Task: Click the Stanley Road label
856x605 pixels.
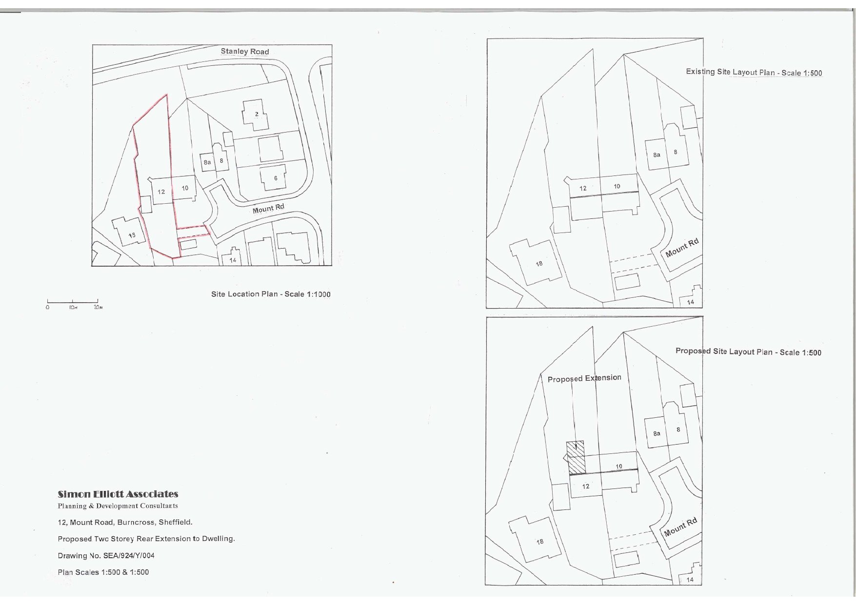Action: coord(244,51)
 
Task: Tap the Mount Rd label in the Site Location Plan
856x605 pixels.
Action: coord(268,209)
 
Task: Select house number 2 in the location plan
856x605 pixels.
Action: coord(257,114)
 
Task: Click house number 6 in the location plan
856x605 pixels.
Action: coord(276,178)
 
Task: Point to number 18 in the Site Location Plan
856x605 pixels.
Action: coord(132,235)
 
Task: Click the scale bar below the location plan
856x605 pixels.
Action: coord(73,302)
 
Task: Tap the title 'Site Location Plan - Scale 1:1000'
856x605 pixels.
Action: coord(271,294)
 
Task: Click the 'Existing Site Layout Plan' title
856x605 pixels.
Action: coord(754,72)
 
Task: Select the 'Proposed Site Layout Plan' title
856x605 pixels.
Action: coord(748,351)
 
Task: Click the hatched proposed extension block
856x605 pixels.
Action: coord(577,457)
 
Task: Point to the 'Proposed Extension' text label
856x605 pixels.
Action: coord(584,378)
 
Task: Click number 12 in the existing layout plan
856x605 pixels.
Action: coord(583,188)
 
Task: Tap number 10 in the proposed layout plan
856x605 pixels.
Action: coord(618,467)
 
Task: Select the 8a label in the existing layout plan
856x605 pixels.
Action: coord(657,155)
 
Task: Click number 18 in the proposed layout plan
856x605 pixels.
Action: coord(540,542)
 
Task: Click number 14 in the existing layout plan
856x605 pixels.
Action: coord(690,302)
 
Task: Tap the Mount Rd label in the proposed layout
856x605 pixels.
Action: coord(680,527)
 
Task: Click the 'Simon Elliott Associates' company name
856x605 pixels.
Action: coord(118,494)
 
